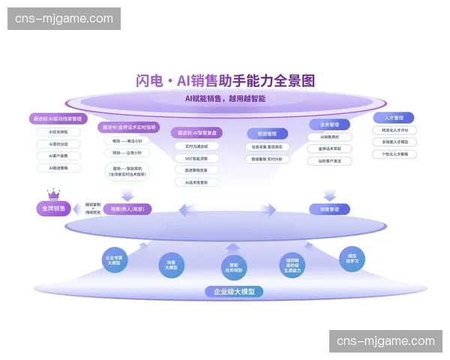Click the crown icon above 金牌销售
(x=56, y=195)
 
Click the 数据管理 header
(x=267, y=133)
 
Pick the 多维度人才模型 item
(x=394, y=142)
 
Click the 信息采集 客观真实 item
(x=267, y=147)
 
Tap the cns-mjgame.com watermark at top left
(x=66, y=18)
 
